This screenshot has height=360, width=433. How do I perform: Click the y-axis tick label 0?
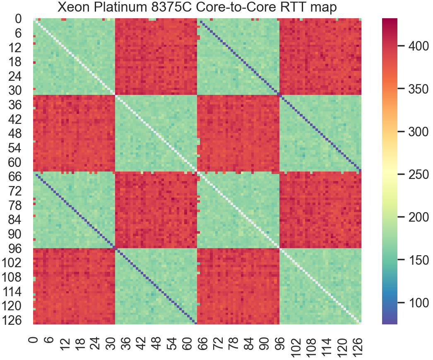(19, 19)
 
